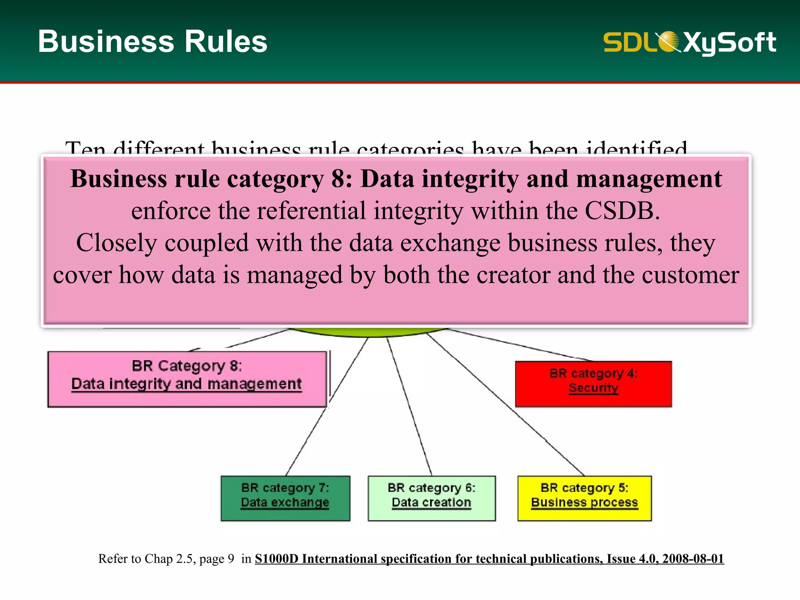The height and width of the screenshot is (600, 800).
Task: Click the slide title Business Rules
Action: pyautogui.click(x=152, y=41)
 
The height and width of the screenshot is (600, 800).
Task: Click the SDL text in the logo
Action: pyautogui.click(x=629, y=42)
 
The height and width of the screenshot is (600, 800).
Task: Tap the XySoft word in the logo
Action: pyautogui.click(x=730, y=42)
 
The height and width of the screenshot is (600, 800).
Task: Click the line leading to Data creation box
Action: pyautogui.click(x=409, y=406)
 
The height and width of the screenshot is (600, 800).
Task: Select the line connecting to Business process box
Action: pyautogui.click(x=508, y=406)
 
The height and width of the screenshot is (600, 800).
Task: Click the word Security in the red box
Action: pyautogui.click(x=593, y=388)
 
